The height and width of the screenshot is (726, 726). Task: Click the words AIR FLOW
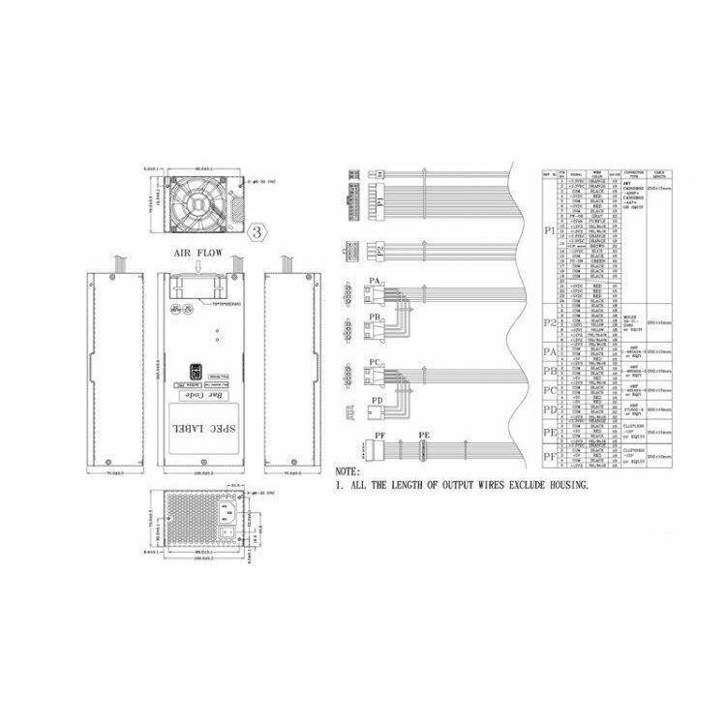pyautogui.click(x=197, y=253)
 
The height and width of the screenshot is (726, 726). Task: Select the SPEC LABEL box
pyautogui.click(x=197, y=426)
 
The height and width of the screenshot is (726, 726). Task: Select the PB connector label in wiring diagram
pyautogui.click(x=374, y=317)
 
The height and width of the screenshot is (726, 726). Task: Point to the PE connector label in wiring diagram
pyautogui.click(x=422, y=437)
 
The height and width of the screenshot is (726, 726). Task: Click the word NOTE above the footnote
pyautogui.click(x=348, y=471)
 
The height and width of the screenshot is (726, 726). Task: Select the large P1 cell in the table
pyautogui.click(x=550, y=232)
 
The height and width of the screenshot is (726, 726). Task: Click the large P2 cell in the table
pyautogui.click(x=550, y=322)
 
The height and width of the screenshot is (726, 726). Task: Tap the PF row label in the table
pyautogui.click(x=550, y=455)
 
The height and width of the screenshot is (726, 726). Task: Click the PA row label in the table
pyautogui.click(x=550, y=351)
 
